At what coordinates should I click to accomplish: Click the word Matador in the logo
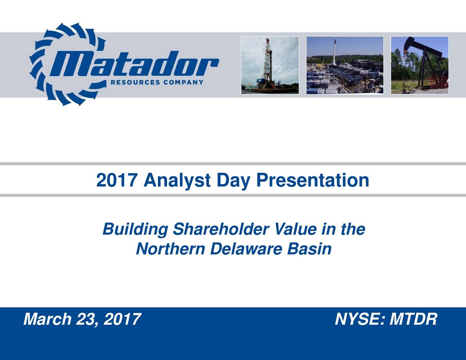134,64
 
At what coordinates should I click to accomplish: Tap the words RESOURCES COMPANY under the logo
157,82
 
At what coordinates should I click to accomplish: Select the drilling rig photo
270,65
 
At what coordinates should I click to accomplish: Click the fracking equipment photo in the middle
345,65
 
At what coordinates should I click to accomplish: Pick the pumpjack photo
420,65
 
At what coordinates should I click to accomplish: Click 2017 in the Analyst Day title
116,180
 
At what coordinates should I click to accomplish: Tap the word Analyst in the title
177,181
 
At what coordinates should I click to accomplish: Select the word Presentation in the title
313,180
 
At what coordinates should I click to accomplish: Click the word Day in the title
233,181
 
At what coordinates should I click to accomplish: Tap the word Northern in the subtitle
170,249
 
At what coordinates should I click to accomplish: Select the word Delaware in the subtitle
246,249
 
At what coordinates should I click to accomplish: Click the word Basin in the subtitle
309,249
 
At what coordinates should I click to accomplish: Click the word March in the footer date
47,319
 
